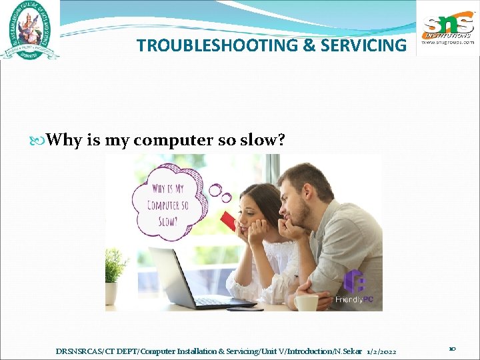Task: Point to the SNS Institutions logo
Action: pos(447,29)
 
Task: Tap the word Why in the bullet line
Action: pos(65,140)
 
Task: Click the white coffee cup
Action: pos(306,303)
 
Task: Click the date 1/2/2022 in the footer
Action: pos(382,351)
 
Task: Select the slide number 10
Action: pos(451,349)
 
